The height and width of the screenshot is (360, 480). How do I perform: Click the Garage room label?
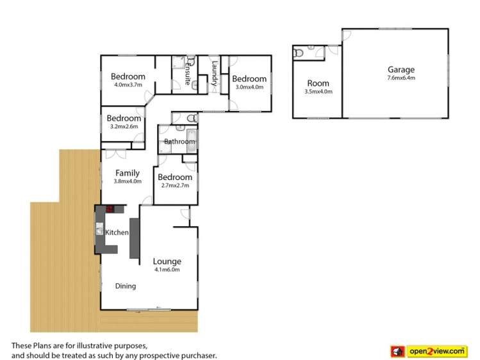pos(401,70)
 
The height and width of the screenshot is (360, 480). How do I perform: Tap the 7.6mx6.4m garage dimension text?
pos(401,78)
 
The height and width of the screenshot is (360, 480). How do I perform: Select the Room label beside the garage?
pos(318,83)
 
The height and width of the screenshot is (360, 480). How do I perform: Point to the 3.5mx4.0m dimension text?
pos(318,92)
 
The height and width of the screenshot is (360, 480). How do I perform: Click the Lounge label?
pos(167,261)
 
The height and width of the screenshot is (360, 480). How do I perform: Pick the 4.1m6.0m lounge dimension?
pos(167,270)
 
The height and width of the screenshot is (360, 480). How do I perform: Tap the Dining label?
pos(126,286)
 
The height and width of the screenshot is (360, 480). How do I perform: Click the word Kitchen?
pos(117,233)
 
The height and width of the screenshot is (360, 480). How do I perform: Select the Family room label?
pos(128,173)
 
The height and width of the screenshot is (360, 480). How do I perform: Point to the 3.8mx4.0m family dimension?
pos(128,181)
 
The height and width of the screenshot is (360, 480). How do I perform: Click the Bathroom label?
pos(179,142)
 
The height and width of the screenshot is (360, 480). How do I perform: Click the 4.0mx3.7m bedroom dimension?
pos(128,84)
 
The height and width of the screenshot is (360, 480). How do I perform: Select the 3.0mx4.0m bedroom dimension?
pos(249,87)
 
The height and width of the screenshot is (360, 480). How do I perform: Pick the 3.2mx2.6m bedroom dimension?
pos(124,126)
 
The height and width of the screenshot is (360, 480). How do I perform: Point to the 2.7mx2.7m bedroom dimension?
pos(175,186)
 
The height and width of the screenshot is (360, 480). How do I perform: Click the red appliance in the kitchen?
pos(110,209)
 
